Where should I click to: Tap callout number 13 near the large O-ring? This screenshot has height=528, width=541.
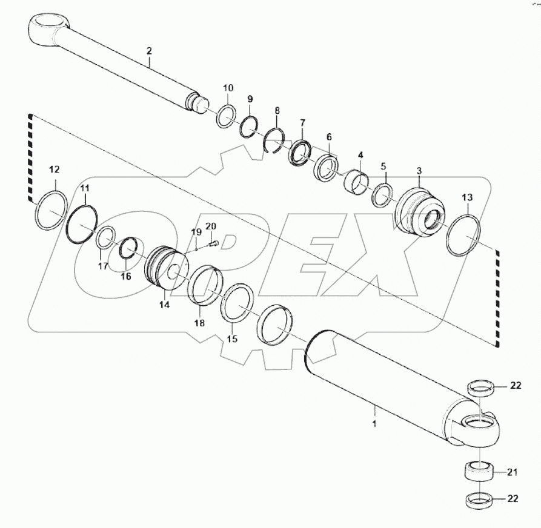[467, 197]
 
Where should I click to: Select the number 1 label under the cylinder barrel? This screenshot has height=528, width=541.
[374, 424]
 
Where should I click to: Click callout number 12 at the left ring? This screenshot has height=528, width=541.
[54, 169]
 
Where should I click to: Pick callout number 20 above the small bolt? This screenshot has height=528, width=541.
[210, 226]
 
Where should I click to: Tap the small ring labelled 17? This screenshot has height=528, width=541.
[107, 238]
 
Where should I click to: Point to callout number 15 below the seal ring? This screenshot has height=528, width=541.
[231, 339]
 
